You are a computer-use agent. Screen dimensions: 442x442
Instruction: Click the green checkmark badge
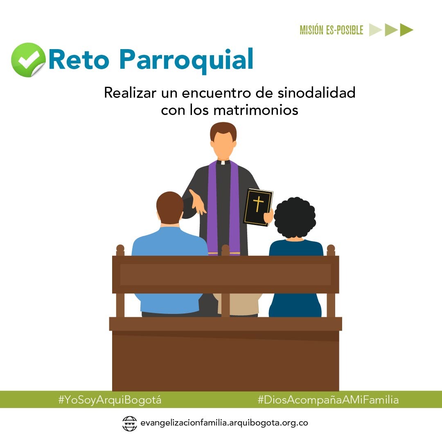point(28,60)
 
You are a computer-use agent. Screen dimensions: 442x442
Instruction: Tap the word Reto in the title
point(79,60)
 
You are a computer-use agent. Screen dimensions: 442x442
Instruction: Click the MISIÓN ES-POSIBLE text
point(331,30)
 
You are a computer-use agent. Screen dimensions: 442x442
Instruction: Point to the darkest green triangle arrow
point(406,30)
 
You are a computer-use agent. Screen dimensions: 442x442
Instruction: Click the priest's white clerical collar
point(223,162)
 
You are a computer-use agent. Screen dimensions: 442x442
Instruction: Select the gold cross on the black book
point(258,203)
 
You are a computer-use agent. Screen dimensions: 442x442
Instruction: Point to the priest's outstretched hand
point(198,202)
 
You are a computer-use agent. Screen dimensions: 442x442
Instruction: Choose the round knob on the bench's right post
point(331,248)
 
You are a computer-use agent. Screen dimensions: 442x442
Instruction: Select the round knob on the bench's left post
point(120,248)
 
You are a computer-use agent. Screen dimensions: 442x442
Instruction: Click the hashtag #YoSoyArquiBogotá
point(110,400)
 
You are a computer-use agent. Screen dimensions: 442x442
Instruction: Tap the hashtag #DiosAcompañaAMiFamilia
point(328,400)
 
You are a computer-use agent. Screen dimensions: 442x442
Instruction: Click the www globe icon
point(130,423)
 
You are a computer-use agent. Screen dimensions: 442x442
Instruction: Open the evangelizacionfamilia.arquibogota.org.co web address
point(223,423)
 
